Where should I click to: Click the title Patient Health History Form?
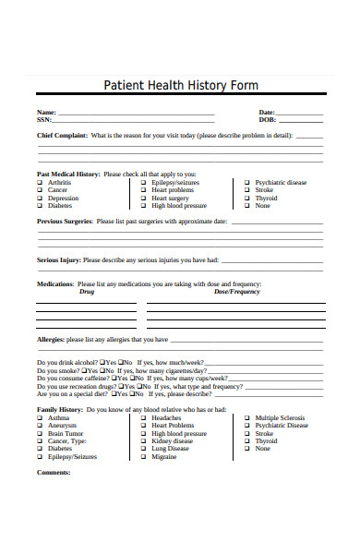point(179,84)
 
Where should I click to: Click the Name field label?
point(46,112)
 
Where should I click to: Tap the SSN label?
point(44,119)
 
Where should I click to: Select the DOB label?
point(268,119)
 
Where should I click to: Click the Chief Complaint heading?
point(62,135)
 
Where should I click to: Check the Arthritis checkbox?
point(40,182)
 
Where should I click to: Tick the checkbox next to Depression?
point(40,199)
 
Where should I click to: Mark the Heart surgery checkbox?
point(143,199)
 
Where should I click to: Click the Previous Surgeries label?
point(64,222)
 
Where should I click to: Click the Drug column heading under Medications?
point(86,292)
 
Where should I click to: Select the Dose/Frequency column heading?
point(237,292)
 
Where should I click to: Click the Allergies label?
point(50,339)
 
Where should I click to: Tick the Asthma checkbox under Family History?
point(40,417)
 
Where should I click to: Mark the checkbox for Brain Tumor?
point(40,433)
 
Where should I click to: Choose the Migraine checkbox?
point(143,456)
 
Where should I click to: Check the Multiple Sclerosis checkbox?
point(246,417)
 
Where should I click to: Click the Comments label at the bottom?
point(54,472)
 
